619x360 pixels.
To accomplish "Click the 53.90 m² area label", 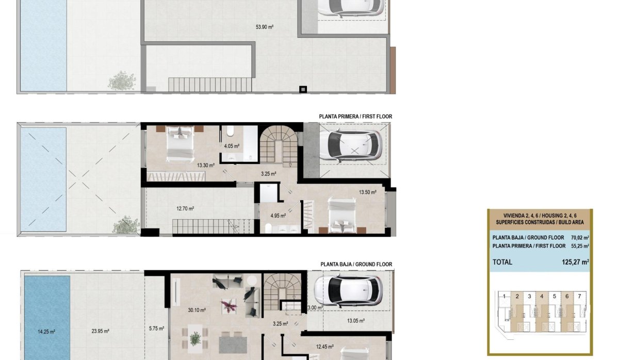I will point(264,27).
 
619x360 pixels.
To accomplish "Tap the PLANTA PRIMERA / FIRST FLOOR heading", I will point(355,117).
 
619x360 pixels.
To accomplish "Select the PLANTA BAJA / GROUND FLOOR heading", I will point(356,265).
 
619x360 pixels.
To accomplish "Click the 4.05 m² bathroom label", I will point(232,146).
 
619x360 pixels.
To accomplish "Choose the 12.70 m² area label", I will point(185,209).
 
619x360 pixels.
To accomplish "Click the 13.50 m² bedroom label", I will point(368,193).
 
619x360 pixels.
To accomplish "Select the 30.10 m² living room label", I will point(197,310).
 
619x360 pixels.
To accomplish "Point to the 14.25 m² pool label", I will point(46,332).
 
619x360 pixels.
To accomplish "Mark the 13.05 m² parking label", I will point(355,321).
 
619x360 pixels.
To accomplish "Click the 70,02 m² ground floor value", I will point(578,238).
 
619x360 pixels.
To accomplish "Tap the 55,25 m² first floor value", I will point(578,246).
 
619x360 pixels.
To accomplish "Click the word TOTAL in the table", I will point(502,262).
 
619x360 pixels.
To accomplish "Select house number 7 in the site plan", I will point(580,296).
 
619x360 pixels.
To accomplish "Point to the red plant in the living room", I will point(227,305).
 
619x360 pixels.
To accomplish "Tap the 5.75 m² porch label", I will point(156,329).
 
